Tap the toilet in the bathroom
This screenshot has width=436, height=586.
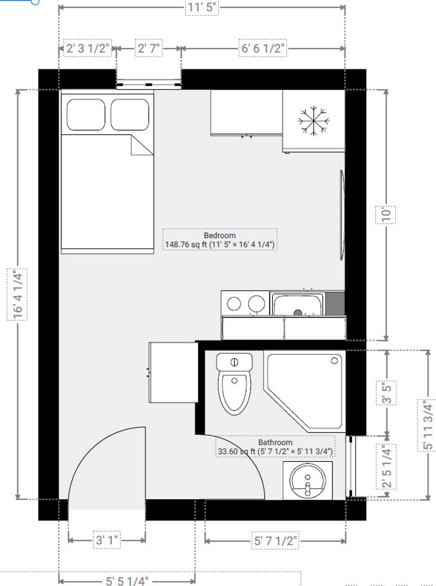tap(234, 386)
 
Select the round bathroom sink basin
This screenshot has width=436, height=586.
tap(307, 481)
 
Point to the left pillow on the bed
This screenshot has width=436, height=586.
tap(86, 114)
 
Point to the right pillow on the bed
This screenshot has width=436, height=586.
tap(130, 114)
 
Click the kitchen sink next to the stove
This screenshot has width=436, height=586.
tap(297, 304)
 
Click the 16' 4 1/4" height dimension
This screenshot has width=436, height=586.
tap(18, 294)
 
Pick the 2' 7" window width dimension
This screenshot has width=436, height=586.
tap(149, 48)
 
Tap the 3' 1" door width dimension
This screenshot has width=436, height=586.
tap(107, 540)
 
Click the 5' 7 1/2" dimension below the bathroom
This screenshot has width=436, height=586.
tap(275, 540)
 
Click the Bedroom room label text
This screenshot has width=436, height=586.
tap(220, 235)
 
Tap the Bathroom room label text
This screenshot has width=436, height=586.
tap(275, 442)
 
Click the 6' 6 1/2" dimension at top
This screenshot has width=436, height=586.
tap(263, 48)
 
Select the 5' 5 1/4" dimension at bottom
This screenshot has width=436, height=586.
tap(127, 581)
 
